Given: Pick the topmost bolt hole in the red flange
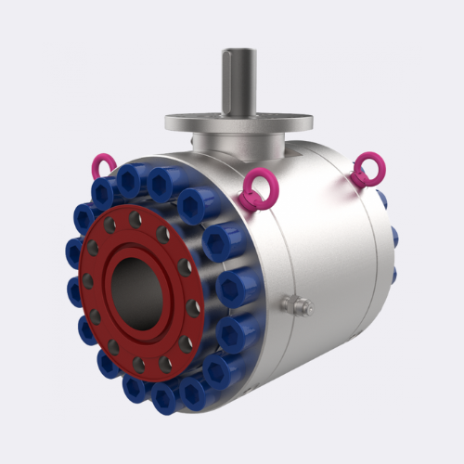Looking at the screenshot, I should (x=135, y=220).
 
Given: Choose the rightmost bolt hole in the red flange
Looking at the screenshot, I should (x=193, y=307).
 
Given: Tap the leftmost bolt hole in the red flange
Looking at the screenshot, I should (x=88, y=280).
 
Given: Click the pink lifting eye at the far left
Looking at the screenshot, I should (x=102, y=166).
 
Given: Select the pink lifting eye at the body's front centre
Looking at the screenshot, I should (x=253, y=190).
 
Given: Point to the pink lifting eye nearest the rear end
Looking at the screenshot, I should (x=368, y=170).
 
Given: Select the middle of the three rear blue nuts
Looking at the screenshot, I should (x=394, y=237).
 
